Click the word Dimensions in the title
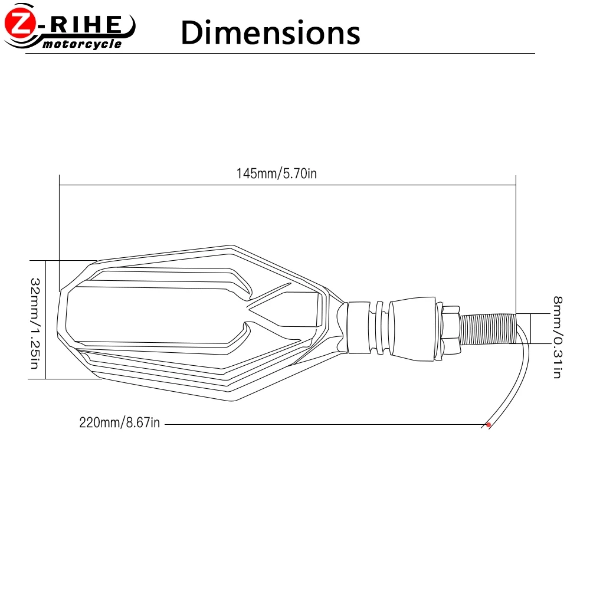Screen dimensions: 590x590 pyautogui.click(x=270, y=32)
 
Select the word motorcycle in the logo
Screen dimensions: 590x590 pyautogui.click(x=82, y=44)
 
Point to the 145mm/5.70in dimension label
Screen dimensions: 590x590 pyautogui.click(x=277, y=173)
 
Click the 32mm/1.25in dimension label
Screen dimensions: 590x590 pyautogui.click(x=35, y=323)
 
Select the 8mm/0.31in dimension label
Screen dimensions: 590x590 pyautogui.click(x=558, y=337)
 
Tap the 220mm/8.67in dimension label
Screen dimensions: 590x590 pyautogui.click(x=120, y=422)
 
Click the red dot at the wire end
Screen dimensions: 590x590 pyautogui.click(x=489, y=425)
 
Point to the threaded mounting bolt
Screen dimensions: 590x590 pyautogui.click(x=489, y=329)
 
